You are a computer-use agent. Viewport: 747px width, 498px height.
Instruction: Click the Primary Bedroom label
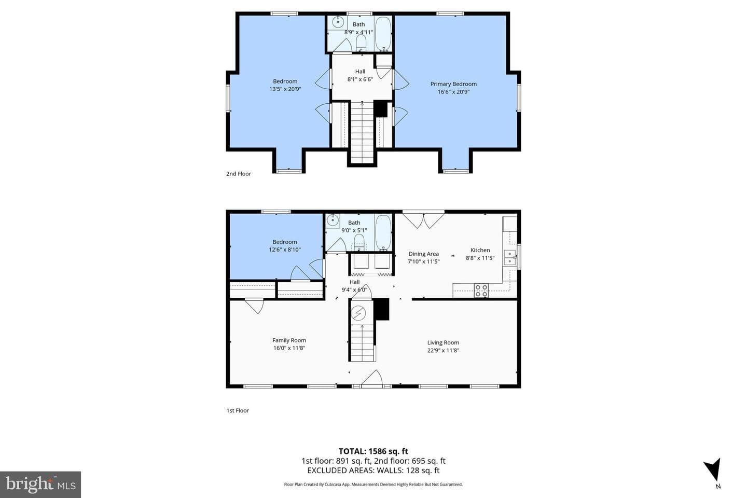click(453, 84)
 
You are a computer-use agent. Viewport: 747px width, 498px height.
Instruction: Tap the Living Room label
click(443, 342)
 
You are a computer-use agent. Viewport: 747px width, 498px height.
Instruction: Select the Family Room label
click(289, 340)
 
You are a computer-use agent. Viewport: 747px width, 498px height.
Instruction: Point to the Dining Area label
click(423, 254)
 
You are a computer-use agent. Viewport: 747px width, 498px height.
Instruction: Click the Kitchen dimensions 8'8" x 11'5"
click(480, 258)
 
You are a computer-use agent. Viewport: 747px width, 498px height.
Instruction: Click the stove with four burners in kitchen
click(481, 290)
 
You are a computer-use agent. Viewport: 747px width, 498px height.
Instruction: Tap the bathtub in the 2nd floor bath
click(383, 34)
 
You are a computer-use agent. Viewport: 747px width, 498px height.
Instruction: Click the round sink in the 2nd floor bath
click(338, 22)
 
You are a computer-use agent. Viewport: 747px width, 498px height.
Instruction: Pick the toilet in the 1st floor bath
click(359, 242)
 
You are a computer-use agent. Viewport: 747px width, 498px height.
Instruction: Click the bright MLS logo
click(40, 485)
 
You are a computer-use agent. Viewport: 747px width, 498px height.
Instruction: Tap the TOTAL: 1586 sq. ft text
click(373, 451)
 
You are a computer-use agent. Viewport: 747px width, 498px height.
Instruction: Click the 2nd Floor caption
click(239, 174)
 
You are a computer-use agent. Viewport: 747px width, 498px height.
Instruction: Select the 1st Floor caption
click(238, 411)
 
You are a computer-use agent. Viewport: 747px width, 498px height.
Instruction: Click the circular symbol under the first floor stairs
click(358, 313)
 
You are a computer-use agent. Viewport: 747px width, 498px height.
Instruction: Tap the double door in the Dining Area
click(423, 220)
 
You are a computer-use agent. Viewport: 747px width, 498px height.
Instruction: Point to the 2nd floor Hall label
click(360, 72)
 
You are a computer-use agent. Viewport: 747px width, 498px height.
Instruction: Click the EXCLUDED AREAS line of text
click(373, 471)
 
